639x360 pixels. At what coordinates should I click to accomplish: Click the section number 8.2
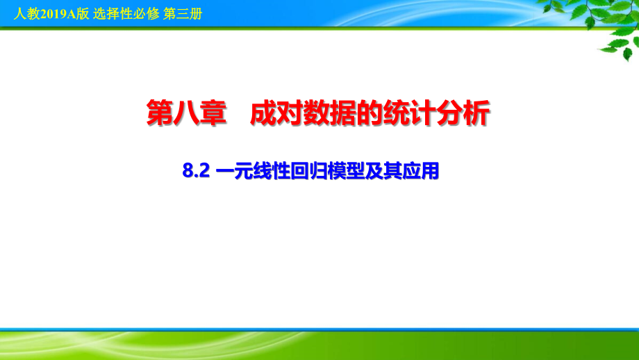(x=195, y=171)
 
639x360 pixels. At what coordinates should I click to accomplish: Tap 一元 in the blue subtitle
(x=233, y=171)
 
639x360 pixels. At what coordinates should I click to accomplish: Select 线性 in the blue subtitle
(x=267, y=171)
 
